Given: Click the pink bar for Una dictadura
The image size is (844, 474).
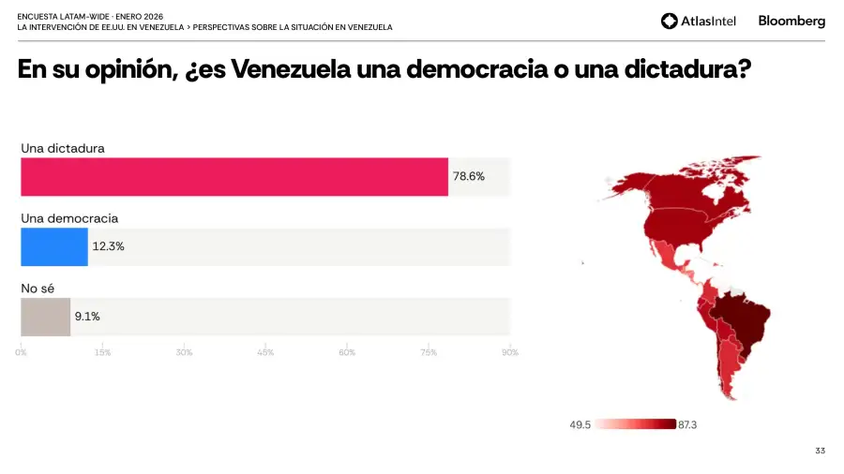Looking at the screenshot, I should (x=234, y=176).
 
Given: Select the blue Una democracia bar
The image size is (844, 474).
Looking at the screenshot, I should (x=54, y=246).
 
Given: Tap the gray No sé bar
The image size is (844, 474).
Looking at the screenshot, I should (x=45, y=317).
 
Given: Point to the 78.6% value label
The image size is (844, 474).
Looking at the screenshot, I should (x=469, y=176).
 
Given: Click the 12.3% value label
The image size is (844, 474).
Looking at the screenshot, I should (x=108, y=246).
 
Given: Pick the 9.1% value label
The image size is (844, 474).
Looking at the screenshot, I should (x=87, y=317).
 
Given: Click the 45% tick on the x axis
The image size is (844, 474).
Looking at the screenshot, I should (x=265, y=352).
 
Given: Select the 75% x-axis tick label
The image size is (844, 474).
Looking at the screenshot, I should (x=429, y=352).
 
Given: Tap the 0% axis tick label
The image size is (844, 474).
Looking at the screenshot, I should (x=21, y=352).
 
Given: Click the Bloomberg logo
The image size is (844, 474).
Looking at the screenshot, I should (x=791, y=21).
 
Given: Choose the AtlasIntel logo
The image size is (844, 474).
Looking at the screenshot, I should (x=700, y=21).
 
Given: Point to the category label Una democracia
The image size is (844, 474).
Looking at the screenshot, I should (x=69, y=218).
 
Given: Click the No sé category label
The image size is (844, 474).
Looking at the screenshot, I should (x=38, y=289).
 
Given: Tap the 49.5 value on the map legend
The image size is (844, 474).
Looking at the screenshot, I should (x=580, y=425).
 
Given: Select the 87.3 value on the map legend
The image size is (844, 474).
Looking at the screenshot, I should (x=687, y=425).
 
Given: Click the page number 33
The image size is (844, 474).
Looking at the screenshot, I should (x=820, y=452).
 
